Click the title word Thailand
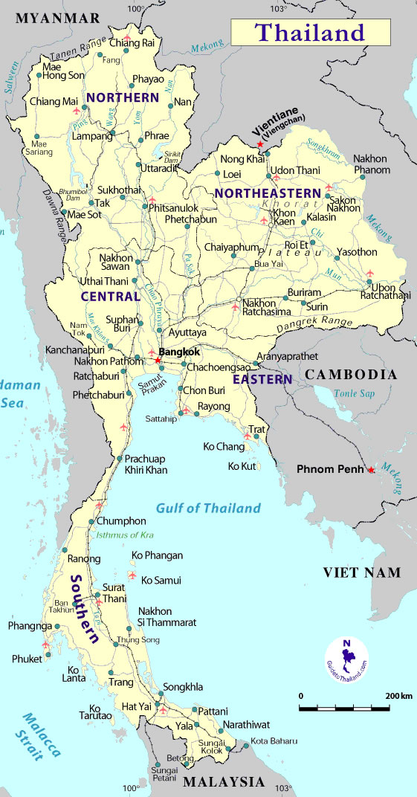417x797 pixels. click(310, 33)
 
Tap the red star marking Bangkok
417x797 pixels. click(158, 361)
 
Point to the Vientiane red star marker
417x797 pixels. click(259, 144)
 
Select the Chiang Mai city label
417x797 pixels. click(54, 101)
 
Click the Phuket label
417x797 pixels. click(28, 659)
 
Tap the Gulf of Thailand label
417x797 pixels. click(208, 509)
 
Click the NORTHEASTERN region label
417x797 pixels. click(268, 193)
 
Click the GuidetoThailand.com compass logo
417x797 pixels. click(346, 657)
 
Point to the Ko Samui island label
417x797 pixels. click(161, 580)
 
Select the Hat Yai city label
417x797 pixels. click(137, 706)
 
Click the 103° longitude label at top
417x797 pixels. click(278, 9)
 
